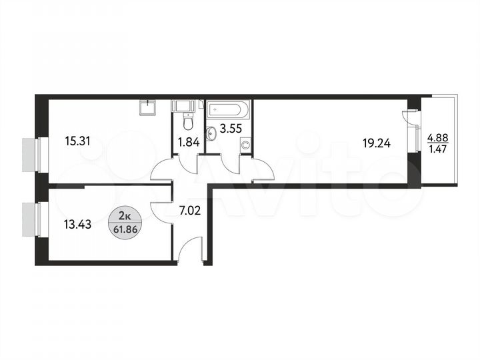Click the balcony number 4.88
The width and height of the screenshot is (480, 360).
click(x=437, y=139)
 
